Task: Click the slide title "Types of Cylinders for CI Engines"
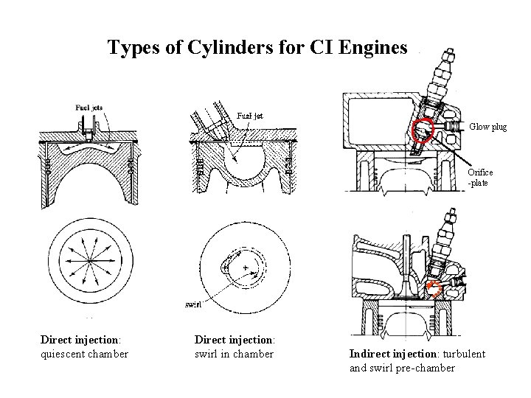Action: [x=257, y=48]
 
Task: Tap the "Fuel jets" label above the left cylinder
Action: [x=89, y=107]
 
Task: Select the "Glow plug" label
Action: [x=487, y=127]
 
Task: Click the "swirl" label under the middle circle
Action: [x=192, y=303]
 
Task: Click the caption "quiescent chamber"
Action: [x=84, y=354]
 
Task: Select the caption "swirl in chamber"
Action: [x=234, y=354]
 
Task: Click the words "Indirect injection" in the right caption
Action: [x=388, y=354]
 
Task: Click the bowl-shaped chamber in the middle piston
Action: [x=243, y=171]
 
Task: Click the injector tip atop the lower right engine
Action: [x=448, y=215]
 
